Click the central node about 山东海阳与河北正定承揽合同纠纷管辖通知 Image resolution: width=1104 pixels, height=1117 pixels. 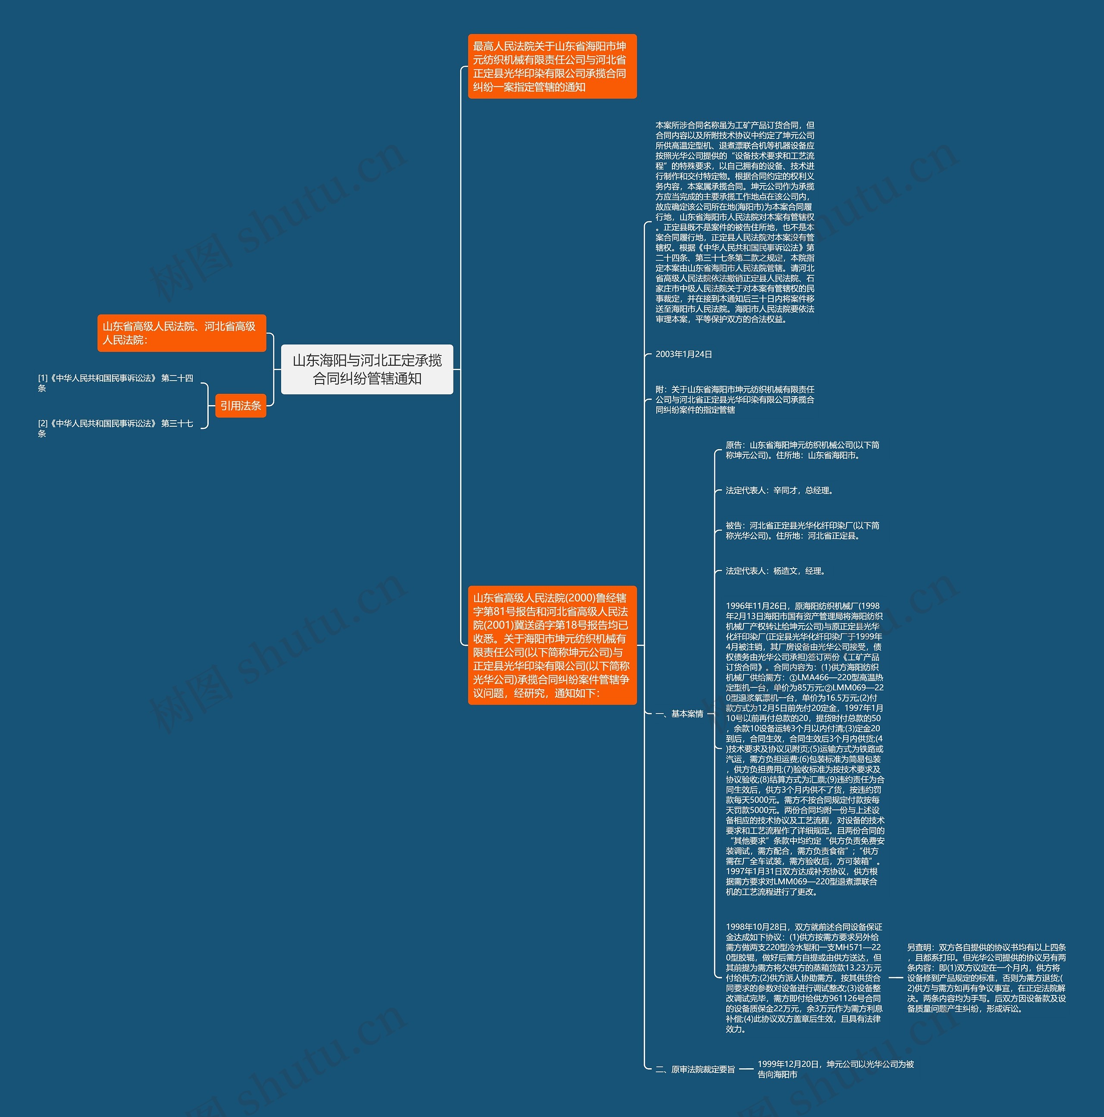pos(367,369)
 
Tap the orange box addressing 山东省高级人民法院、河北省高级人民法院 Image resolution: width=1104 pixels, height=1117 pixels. pos(182,333)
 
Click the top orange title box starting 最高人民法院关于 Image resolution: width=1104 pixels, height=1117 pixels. pos(552,66)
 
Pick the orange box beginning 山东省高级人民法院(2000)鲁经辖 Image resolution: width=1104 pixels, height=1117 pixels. pos(552,645)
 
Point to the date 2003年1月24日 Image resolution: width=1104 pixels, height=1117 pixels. pos(684,354)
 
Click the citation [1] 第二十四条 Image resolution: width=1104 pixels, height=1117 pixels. pos(116,383)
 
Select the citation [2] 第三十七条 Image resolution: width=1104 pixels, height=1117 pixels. pos(116,428)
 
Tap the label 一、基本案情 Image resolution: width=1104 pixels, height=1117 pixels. pos(679,714)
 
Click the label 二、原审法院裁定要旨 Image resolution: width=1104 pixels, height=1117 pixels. pos(695,1070)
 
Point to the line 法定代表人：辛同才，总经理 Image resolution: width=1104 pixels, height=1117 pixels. pos(780,490)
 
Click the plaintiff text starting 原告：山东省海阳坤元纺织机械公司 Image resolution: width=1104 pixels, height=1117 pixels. pos(802,450)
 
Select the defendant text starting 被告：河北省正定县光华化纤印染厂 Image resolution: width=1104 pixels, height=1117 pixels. pos(802,531)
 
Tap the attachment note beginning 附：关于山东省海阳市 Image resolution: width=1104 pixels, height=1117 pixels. pos(735,400)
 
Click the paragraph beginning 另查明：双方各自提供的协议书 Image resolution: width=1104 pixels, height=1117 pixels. pos(986,978)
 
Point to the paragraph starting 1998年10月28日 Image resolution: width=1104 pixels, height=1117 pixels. pos(804,978)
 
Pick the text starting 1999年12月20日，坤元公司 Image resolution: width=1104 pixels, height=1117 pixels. pos(835,1069)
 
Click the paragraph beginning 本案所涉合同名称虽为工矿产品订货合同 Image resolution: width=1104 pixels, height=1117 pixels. pos(735,222)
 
